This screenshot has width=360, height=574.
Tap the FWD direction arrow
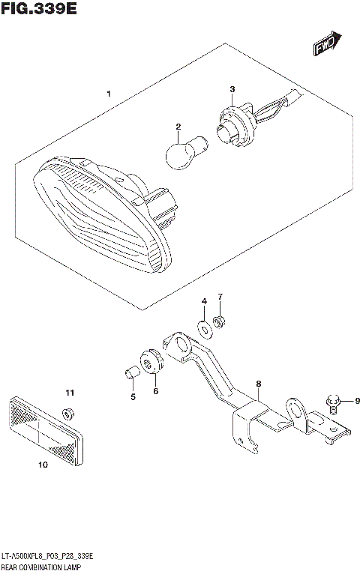(x=328, y=44)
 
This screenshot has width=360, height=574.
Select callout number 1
(x=109, y=94)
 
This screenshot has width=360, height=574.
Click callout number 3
(x=232, y=90)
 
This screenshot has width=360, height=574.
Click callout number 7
(x=221, y=297)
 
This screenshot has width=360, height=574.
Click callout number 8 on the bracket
(x=258, y=384)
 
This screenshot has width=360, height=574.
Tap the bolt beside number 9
(x=334, y=404)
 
